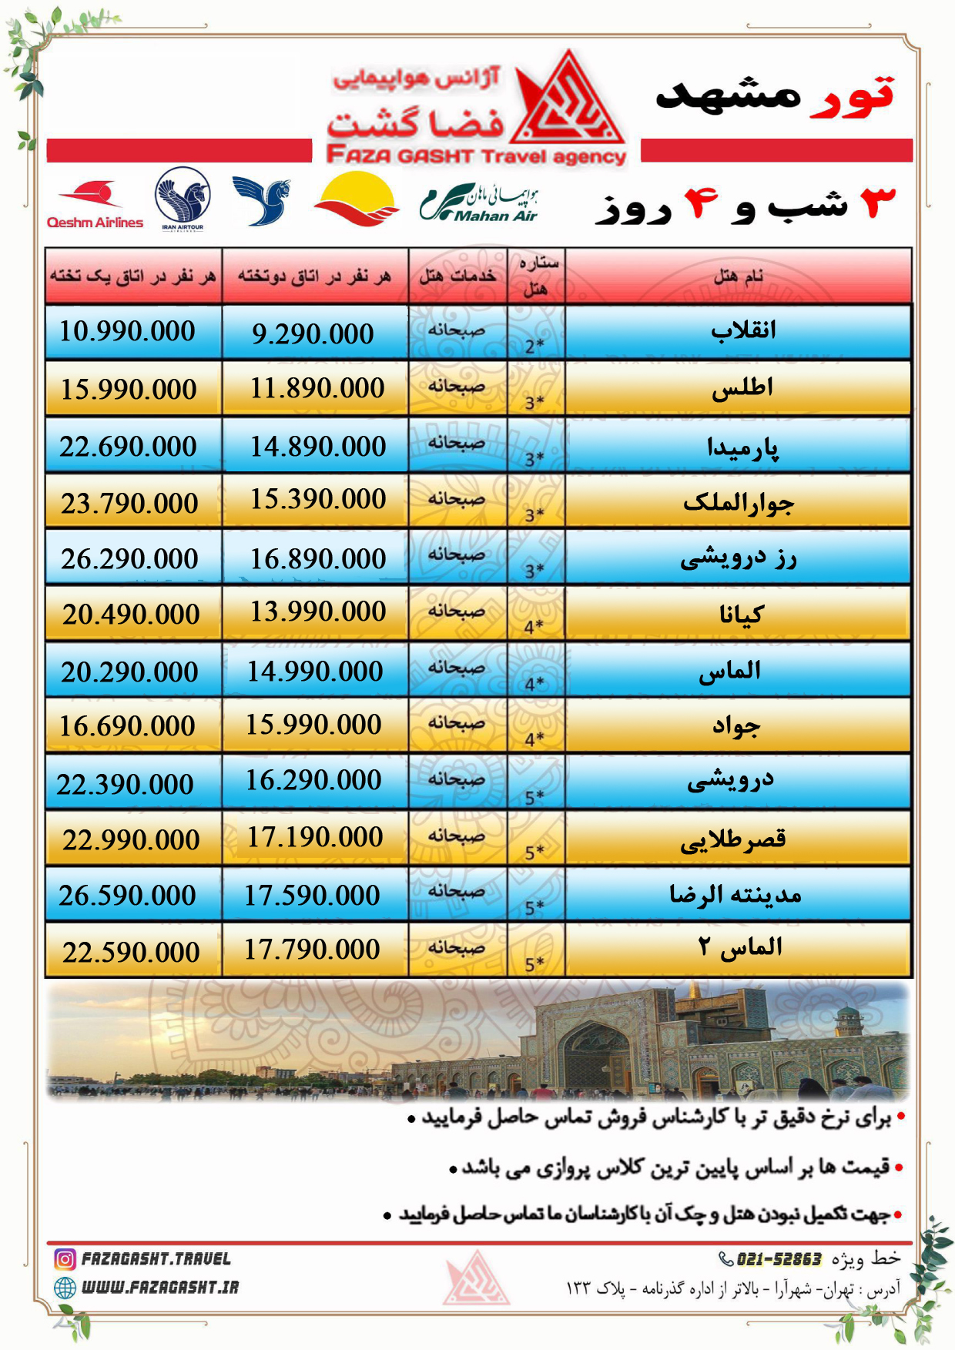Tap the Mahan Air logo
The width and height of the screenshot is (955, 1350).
(479, 203)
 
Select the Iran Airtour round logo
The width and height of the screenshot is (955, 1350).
(183, 199)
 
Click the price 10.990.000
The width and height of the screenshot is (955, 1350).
(128, 331)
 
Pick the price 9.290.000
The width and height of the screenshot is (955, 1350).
(313, 333)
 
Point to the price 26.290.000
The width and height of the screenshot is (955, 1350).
(129, 559)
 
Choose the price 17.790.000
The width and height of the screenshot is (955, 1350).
(312, 950)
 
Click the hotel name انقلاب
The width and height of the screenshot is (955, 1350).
(742, 330)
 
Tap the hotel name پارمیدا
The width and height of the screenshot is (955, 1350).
(742, 447)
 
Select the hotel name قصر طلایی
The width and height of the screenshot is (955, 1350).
(732, 839)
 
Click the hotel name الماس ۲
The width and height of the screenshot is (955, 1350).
(739, 946)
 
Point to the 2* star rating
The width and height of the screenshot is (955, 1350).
(534, 346)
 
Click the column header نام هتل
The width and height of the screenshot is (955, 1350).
(738, 276)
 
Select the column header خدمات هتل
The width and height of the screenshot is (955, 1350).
(457, 276)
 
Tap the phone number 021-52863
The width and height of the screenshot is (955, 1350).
(779, 1259)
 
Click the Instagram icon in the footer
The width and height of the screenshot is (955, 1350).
(65, 1259)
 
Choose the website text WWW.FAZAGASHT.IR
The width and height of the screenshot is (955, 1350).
(160, 1287)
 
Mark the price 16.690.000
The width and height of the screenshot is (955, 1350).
(128, 725)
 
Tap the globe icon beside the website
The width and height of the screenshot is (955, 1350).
(65, 1287)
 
